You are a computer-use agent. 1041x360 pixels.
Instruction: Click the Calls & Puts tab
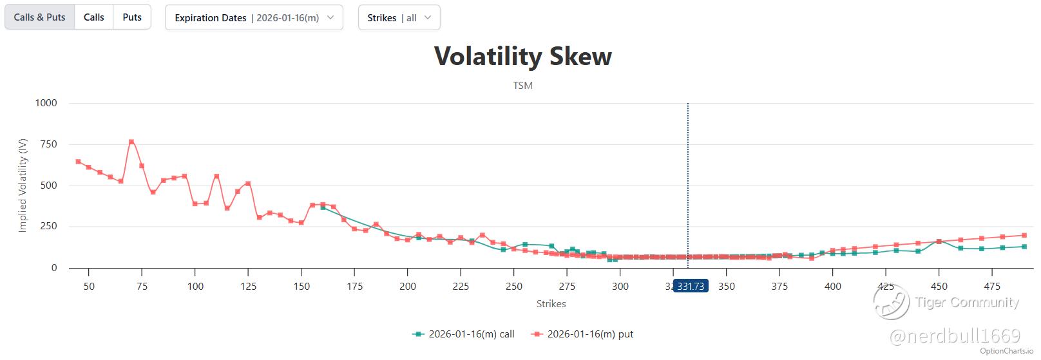[x=40, y=17]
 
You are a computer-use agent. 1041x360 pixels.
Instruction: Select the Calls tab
[x=93, y=17]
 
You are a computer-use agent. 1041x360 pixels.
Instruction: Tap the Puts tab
[x=132, y=17]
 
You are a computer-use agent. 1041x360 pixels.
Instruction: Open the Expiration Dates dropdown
[x=254, y=18]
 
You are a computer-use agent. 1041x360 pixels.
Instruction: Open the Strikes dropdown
[x=399, y=18]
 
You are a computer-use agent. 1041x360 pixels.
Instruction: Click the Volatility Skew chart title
[x=522, y=56]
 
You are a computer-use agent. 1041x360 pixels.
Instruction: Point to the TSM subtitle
[x=522, y=86]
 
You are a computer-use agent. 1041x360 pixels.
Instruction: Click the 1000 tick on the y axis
[x=46, y=103]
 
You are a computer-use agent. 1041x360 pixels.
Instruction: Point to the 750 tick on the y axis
[x=48, y=144]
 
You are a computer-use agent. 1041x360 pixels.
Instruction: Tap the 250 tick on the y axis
[x=48, y=227]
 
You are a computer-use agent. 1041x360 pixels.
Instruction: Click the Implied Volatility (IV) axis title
[x=23, y=185]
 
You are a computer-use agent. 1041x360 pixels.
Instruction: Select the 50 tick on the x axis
[x=89, y=286]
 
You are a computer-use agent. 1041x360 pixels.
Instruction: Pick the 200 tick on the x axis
[x=408, y=286]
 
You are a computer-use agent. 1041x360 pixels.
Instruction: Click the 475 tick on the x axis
[x=992, y=286]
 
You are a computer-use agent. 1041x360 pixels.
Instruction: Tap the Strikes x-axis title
[x=551, y=303]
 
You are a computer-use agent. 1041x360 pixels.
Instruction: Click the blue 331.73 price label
[x=691, y=286]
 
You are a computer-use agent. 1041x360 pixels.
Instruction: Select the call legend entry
[x=464, y=334]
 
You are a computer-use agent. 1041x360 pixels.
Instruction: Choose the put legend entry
[x=583, y=334]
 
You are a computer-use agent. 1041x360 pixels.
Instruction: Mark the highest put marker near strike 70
[x=131, y=142]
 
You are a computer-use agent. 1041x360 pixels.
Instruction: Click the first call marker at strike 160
[x=323, y=207]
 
